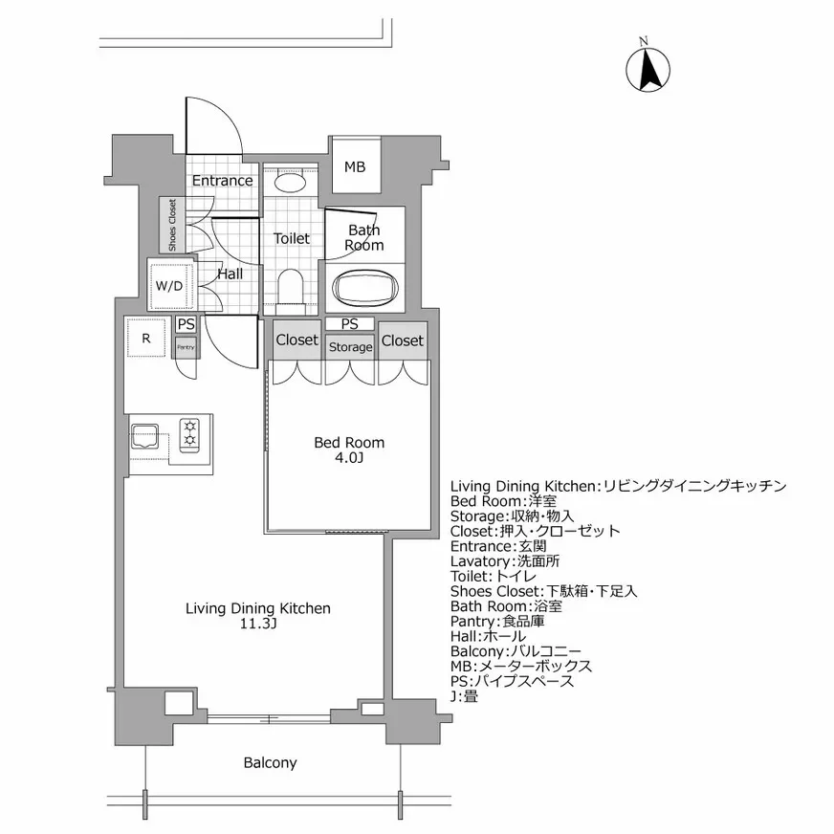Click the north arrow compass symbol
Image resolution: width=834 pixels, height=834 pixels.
(x=647, y=69)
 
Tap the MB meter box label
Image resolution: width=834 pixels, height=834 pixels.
(x=355, y=167)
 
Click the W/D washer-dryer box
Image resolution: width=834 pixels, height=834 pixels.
(x=169, y=284)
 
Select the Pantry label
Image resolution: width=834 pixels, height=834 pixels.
(x=186, y=347)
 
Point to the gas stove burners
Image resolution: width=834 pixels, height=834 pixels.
(x=189, y=432)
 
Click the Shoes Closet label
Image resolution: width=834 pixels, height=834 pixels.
(x=172, y=226)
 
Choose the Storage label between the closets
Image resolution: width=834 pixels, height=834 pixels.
(x=350, y=347)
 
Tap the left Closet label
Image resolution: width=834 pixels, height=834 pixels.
(x=296, y=340)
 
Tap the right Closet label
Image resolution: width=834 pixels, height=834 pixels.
(x=402, y=340)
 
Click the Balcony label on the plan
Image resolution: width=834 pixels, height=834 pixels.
(x=270, y=763)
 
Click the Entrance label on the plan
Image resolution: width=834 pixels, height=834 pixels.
(x=223, y=181)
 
